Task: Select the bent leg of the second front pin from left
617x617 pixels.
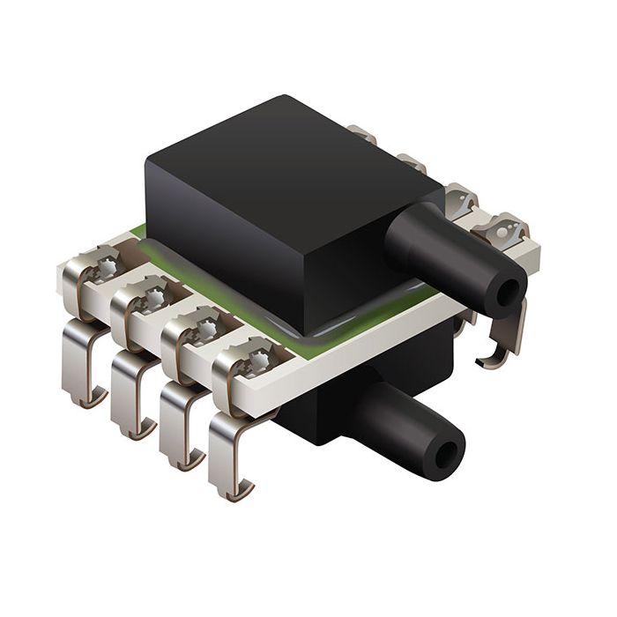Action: tap(132, 388)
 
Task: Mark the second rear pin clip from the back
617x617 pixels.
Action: tap(411, 163)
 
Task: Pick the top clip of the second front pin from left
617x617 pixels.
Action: tap(145, 295)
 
